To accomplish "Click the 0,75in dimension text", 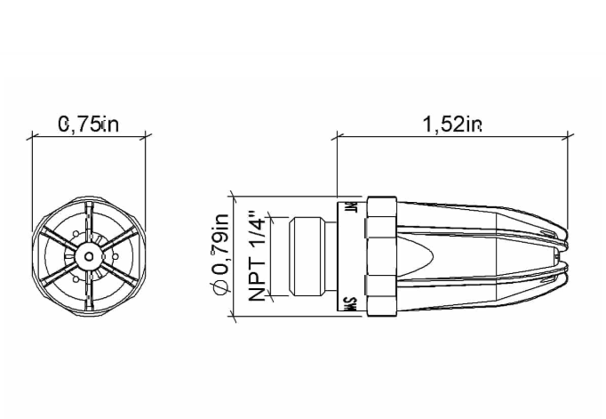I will point(88,125).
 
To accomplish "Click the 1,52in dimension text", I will point(452,125).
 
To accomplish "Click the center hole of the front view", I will point(88,256).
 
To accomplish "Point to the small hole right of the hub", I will point(115,257).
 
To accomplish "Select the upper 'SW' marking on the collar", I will point(351,210).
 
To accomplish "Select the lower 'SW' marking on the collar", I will point(351,303).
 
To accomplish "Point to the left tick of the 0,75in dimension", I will point(32,137).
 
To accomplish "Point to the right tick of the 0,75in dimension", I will point(146,137).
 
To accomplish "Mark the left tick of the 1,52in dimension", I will point(337,137).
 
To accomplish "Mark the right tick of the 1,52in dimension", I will point(570,137).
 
